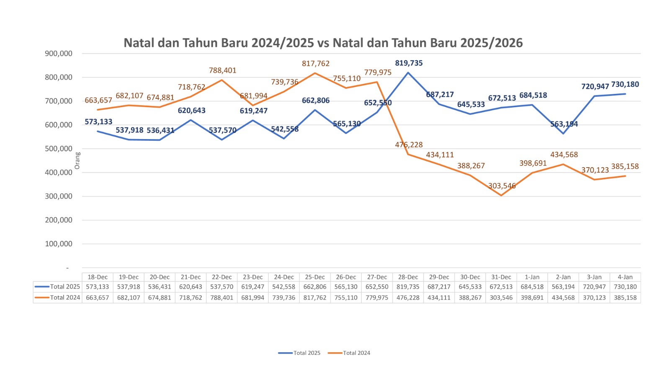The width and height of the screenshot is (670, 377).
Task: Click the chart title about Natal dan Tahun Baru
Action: (323, 43)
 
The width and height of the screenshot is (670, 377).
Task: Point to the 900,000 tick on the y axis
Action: (59, 54)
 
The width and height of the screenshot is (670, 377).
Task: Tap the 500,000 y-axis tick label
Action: (59, 149)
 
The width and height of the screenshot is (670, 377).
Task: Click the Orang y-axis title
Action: (77, 161)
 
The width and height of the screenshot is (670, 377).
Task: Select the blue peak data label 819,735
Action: (409, 63)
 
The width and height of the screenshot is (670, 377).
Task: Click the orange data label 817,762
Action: (316, 64)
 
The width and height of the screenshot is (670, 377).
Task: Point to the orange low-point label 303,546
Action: (502, 186)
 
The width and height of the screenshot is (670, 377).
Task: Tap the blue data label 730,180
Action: (625, 85)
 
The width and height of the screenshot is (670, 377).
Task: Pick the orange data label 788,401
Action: (223, 70)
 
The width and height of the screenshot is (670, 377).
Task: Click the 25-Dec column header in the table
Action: (315, 277)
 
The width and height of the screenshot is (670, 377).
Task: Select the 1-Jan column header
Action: (532, 277)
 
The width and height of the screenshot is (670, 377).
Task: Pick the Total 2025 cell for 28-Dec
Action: (408, 287)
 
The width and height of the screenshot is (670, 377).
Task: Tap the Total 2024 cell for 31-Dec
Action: (501, 298)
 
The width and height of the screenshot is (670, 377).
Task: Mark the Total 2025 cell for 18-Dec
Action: (98, 287)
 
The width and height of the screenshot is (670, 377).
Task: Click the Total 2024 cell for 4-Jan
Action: (625, 298)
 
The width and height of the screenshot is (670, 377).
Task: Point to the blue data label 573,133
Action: (98, 122)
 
